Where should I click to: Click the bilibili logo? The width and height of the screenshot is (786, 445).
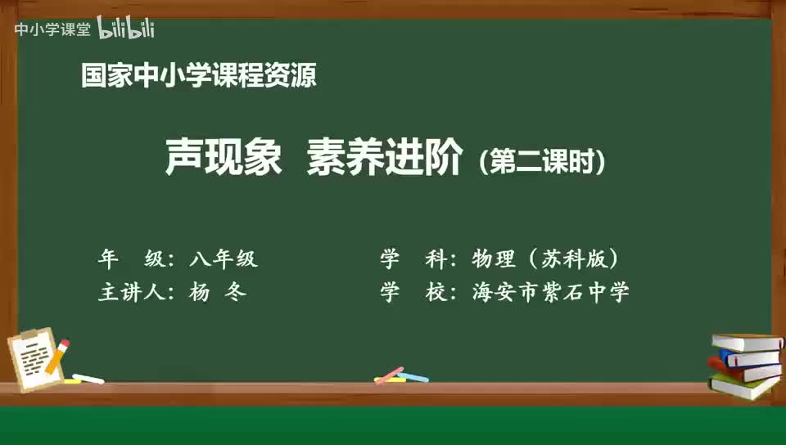coord(126,28)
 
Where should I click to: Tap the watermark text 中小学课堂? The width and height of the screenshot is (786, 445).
coord(52,29)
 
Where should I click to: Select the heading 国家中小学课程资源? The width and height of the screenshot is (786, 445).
coord(198,75)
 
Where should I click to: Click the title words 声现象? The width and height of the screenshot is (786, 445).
coord(224,157)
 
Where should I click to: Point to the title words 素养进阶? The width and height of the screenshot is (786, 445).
coord(385,157)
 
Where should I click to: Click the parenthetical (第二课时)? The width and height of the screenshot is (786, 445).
coord(542,161)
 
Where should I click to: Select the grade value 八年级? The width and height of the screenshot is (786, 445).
coord(224,258)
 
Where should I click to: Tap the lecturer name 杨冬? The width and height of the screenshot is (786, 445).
coord(218,292)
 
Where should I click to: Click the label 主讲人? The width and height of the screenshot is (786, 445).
coord(132,292)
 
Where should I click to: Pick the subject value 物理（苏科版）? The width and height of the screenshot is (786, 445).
coord(545,258)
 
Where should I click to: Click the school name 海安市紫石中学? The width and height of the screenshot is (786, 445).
coord(550,292)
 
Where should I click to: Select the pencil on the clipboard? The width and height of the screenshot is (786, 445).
coord(57,357)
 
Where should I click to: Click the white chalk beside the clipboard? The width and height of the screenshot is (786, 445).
coord(88,379)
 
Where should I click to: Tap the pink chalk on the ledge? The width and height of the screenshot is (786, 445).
coord(390,375)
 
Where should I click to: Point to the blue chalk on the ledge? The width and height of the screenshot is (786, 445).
coord(413,377)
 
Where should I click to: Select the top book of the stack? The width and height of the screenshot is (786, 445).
coord(748,343)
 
